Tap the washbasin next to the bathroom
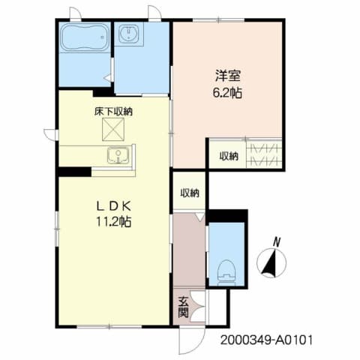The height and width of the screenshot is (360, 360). [x=128, y=35]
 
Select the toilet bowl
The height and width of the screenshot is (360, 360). [x=224, y=271]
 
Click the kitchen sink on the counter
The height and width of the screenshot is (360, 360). [x=118, y=156]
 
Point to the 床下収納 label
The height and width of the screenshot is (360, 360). [x=113, y=112]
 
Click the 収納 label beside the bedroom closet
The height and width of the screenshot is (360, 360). [x=229, y=156]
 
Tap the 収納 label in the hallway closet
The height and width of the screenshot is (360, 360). [x=190, y=193]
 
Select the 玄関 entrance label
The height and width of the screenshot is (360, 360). [x=184, y=307]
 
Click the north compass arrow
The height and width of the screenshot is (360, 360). [x=271, y=262]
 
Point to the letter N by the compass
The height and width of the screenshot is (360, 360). [x=276, y=241]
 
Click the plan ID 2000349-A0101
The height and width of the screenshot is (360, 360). [x=266, y=339]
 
